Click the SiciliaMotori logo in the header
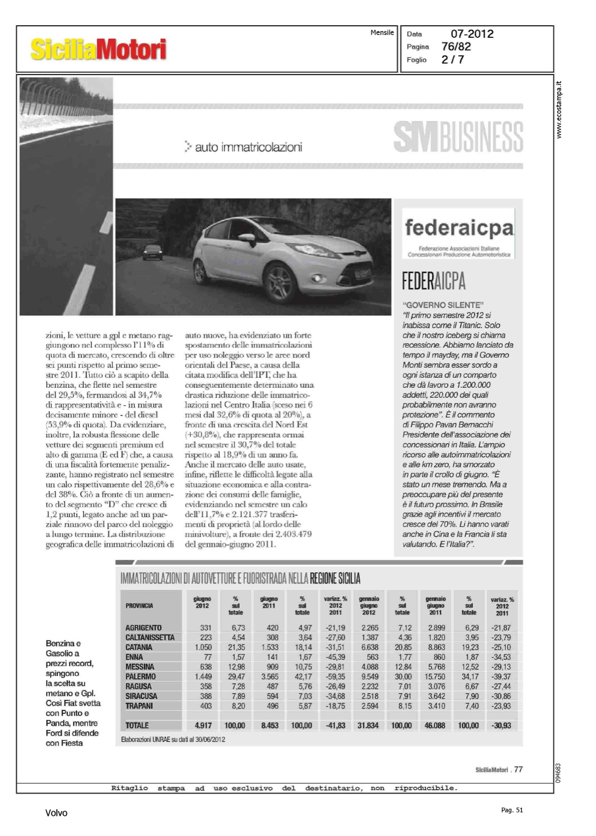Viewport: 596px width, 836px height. [98, 49]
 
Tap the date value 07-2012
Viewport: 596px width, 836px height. [472, 33]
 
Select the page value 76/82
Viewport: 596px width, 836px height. [456, 46]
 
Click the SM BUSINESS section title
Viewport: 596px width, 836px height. [458, 137]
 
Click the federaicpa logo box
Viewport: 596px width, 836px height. [458, 234]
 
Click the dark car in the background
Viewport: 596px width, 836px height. [152, 252]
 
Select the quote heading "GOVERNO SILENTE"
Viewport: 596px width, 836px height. [443, 305]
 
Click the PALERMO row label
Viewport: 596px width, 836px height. [140, 677]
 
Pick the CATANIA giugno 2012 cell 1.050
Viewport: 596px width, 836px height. [203, 647]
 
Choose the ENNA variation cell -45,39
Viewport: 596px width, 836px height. [335, 657]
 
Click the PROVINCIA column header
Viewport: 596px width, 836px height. [139, 605]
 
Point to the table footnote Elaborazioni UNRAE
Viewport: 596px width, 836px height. [173, 740]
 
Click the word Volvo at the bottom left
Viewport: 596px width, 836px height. [56, 813]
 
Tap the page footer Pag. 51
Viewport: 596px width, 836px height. [512, 810]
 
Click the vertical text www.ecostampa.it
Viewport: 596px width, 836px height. [559, 110]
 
